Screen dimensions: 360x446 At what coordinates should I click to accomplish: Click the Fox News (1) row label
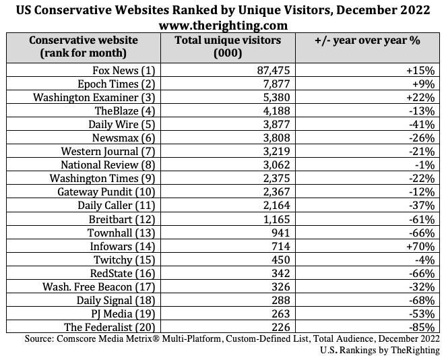tap(125, 70)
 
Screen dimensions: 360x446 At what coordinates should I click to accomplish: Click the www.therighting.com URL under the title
tap(223, 25)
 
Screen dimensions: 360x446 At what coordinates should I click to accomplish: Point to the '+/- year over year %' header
tap(367, 40)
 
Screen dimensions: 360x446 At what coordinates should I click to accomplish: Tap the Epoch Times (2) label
tap(121, 84)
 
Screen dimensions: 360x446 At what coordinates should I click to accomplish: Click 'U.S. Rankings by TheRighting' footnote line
tap(381, 350)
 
